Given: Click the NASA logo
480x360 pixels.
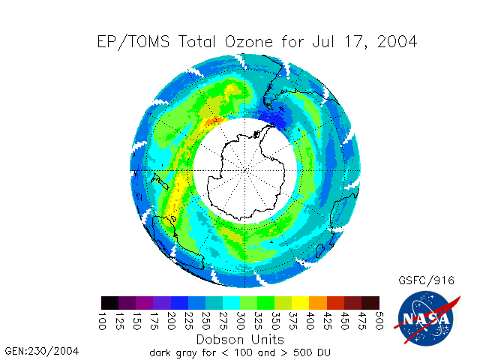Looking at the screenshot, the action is (x=427, y=317).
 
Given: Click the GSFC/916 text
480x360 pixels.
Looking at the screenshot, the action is (x=426, y=280).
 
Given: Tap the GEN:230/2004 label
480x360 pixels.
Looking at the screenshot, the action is (x=42, y=351).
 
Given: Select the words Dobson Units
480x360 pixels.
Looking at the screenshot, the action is (x=240, y=340).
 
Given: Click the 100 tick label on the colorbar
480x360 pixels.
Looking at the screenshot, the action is (x=102, y=321).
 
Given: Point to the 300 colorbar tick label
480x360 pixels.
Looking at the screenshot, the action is (x=240, y=321).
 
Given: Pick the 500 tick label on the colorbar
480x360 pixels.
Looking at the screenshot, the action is (x=379, y=321).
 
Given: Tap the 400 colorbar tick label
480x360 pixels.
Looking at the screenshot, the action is (x=310, y=321).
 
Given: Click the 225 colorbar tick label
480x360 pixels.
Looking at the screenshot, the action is (x=188, y=321).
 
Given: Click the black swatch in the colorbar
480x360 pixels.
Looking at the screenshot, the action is (x=110, y=303).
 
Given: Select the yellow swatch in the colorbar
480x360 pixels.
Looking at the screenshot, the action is (x=301, y=303).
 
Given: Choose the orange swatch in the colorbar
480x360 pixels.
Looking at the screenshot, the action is (x=318, y=303).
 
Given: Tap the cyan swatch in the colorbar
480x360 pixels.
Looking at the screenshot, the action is (x=232, y=303).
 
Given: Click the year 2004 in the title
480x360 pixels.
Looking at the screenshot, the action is (x=397, y=42).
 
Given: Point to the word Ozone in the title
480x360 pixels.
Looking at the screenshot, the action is (x=249, y=42).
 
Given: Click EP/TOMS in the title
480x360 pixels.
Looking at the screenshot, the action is (x=133, y=42).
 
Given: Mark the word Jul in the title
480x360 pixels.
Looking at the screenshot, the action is (x=323, y=42).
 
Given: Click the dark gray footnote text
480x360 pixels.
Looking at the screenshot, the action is (x=240, y=352).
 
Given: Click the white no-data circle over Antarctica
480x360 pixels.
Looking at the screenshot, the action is (x=245, y=170).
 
